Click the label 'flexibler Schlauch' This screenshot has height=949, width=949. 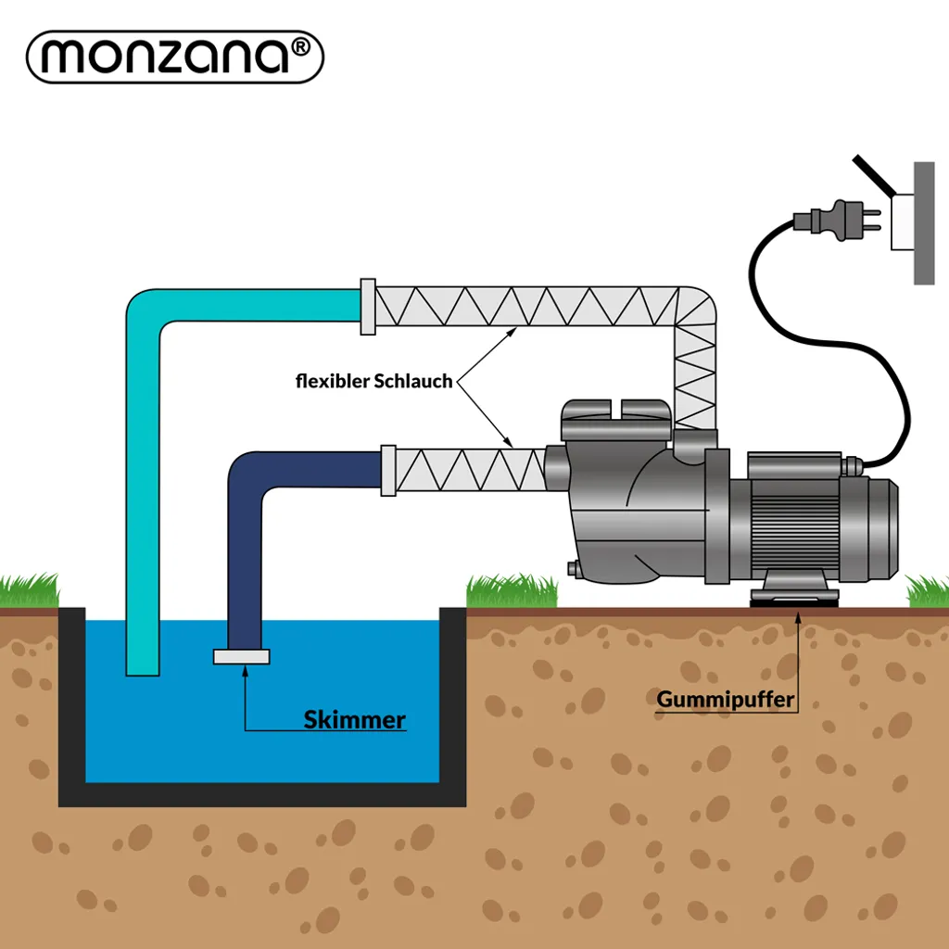click(373, 381)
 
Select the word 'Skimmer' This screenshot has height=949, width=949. click(355, 720)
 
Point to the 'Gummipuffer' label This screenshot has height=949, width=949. click(726, 699)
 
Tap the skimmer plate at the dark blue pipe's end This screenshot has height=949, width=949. click(241, 657)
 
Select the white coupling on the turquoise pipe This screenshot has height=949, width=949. click(367, 305)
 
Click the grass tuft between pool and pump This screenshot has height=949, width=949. click(511, 590)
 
